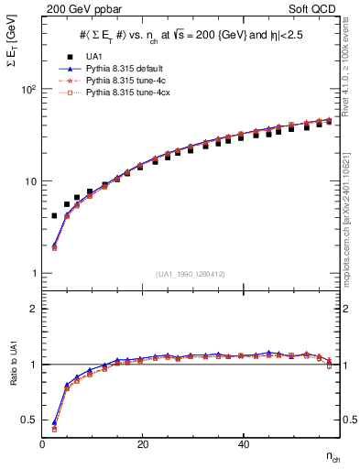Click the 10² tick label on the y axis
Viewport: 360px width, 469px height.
(x=27, y=90)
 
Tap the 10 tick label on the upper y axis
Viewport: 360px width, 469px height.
(x=29, y=181)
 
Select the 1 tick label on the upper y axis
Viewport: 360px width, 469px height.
(x=33, y=273)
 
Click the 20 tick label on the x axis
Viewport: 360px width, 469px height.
(x=142, y=444)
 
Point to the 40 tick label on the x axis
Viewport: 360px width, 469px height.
(x=242, y=444)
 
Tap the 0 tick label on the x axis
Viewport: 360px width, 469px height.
(x=43, y=444)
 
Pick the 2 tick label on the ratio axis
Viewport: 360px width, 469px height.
(x=33, y=309)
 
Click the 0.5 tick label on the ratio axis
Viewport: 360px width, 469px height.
(x=28, y=420)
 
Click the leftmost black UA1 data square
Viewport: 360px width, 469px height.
(x=54, y=216)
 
